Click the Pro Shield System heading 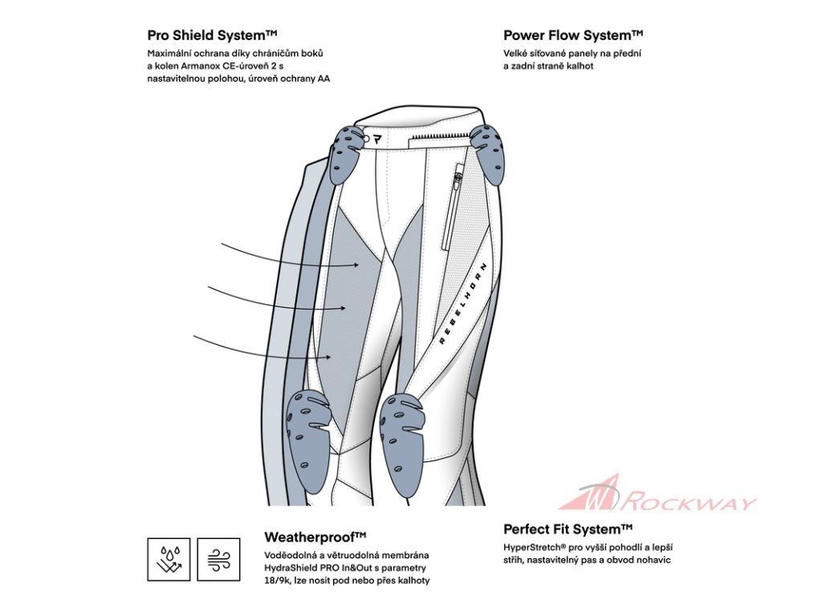pos(212,35)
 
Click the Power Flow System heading pos(573,35)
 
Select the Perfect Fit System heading pos(568,529)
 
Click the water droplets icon pos(169,559)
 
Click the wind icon pos(218,559)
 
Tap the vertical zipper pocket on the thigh pos(454,205)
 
